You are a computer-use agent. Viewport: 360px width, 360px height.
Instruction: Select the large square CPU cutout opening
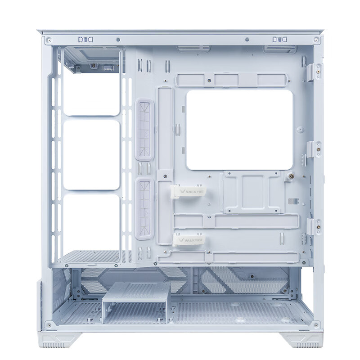[x=239, y=130]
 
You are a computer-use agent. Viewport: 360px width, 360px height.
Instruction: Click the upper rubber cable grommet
[x=144, y=130]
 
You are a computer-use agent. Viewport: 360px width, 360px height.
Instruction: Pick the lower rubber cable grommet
[x=144, y=209]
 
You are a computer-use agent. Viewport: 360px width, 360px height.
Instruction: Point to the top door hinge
[x=315, y=71]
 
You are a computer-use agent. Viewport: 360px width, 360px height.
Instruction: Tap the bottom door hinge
[x=314, y=226]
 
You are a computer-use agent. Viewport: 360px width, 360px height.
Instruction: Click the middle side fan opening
[x=91, y=155]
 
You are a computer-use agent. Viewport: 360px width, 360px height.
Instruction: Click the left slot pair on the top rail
[x=85, y=40]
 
